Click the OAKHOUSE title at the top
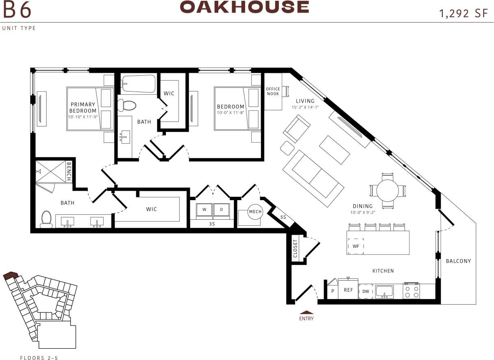[244, 7]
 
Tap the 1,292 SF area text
[463, 13]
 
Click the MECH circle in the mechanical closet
[255, 212]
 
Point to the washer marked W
[204, 209]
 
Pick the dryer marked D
[222, 209]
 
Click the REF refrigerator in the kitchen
[348, 290]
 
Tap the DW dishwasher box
[366, 291]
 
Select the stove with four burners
[411, 291]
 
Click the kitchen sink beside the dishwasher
[384, 291]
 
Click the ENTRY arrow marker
[306, 312]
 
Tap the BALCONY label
[458, 261]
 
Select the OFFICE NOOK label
[273, 92]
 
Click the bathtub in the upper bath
[139, 83]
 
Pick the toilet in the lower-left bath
[46, 219]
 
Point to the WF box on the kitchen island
[356, 246]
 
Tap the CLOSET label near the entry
[295, 248]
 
